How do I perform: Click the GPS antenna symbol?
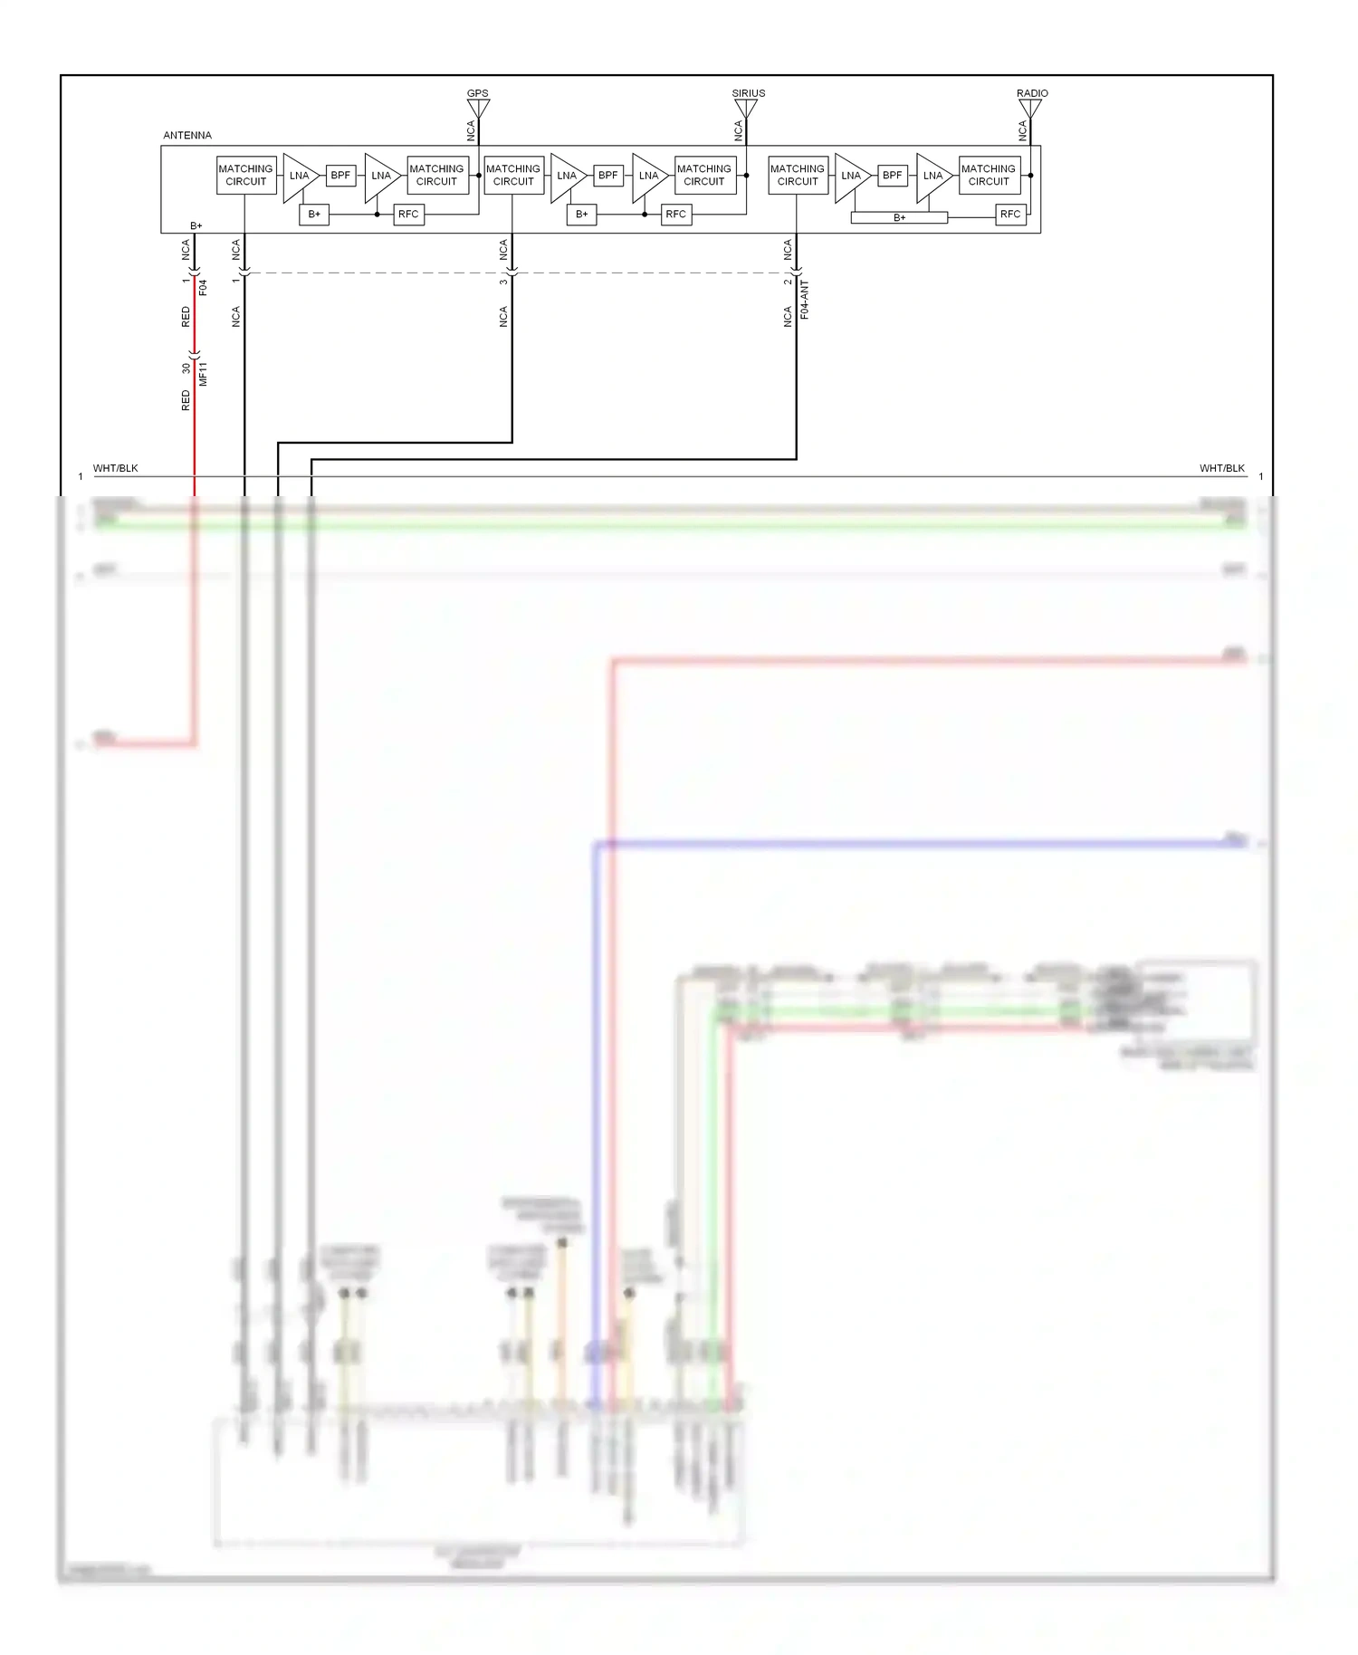click(x=478, y=109)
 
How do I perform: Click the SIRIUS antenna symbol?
click(x=746, y=109)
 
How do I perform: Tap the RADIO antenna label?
click(x=1032, y=93)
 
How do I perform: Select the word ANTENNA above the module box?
click(x=187, y=136)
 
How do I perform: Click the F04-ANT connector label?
click(x=805, y=300)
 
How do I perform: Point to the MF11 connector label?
click(x=203, y=374)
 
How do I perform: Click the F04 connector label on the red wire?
click(x=203, y=288)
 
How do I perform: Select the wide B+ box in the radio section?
click(x=899, y=217)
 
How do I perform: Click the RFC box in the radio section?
click(x=1010, y=215)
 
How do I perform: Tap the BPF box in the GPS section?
click(x=340, y=176)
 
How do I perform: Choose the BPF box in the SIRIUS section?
click(x=608, y=176)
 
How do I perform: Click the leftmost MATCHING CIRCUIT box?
click(x=245, y=176)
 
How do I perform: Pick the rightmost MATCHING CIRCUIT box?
click(x=989, y=176)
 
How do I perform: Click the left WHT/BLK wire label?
click(x=116, y=468)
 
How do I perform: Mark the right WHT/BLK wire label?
click(x=1222, y=468)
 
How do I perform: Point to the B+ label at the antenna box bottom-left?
click(x=196, y=226)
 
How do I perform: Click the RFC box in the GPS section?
click(x=408, y=215)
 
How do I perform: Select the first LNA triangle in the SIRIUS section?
click(x=566, y=177)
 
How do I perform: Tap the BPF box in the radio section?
click(x=893, y=176)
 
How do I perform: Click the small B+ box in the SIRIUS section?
click(x=581, y=215)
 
